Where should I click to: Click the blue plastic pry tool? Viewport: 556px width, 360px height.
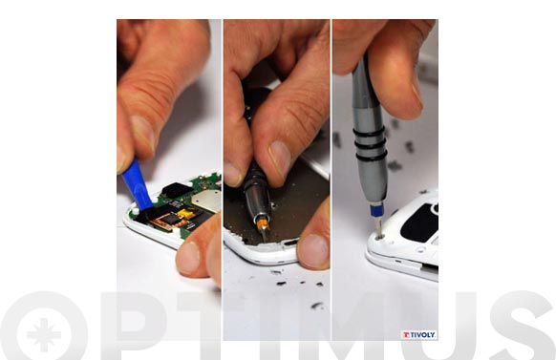[137, 185]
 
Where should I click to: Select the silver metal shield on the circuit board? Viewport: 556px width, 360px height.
[206, 201]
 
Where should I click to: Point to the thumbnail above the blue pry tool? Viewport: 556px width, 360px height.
[142, 132]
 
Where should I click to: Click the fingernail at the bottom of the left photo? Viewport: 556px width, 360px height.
[188, 257]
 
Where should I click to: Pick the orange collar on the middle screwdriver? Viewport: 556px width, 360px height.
[263, 224]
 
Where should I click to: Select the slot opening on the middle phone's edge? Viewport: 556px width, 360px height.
[289, 243]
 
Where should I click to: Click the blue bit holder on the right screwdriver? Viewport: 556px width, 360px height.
[375, 210]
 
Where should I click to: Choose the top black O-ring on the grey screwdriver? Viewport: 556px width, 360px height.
[369, 133]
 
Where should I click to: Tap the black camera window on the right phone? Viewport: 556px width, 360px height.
[419, 222]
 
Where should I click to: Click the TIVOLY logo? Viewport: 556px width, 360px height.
[418, 335]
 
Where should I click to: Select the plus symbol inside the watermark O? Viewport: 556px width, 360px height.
[44, 335]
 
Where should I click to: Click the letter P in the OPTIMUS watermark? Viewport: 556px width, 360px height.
[134, 326]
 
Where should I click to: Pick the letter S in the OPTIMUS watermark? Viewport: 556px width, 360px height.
[523, 326]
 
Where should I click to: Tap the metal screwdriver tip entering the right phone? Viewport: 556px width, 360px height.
[378, 227]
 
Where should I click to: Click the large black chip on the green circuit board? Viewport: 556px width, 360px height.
[177, 190]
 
